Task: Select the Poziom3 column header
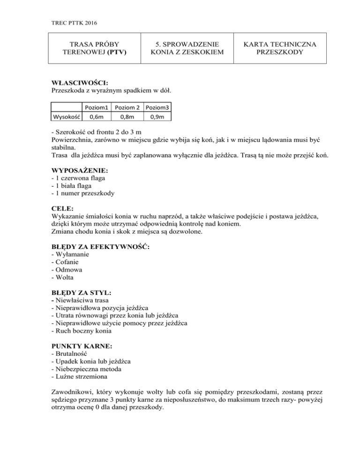click(158, 107)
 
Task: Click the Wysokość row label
click(66, 116)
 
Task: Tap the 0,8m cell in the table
click(127, 116)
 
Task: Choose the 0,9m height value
click(158, 116)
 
